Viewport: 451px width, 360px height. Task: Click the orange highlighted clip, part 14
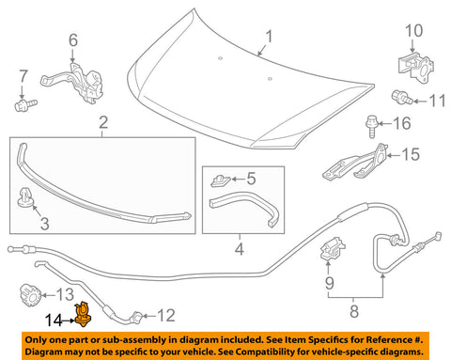point(83,314)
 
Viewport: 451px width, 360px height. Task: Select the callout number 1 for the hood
point(269,37)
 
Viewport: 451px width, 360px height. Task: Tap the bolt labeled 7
point(25,104)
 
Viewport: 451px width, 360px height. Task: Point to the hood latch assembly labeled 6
point(76,82)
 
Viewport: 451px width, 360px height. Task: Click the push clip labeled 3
point(26,197)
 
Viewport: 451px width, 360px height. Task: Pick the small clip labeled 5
point(221,181)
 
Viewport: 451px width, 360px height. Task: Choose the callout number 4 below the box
point(240,249)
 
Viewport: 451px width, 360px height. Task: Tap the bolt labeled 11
point(402,98)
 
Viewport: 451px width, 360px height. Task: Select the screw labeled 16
point(372,126)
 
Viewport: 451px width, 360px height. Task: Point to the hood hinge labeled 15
point(355,164)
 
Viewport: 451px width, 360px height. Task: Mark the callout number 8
point(354,311)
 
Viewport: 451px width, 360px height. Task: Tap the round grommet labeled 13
point(31,295)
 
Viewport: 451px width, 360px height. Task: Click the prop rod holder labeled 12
point(137,317)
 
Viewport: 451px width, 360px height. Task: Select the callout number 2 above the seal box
point(103,122)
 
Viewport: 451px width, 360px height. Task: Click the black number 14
point(54,321)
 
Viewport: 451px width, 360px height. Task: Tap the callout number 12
point(166,316)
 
